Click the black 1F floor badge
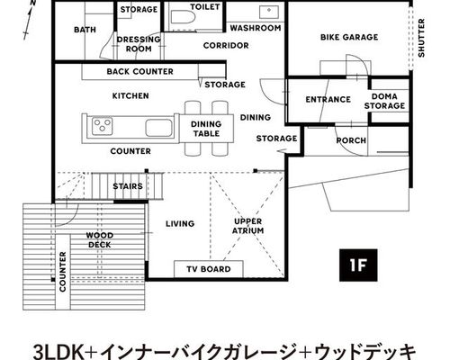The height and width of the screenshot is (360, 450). tap(358, 265)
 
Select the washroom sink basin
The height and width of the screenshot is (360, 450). tap(269, 13)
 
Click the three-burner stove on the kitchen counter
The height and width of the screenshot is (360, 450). tap(103, 126)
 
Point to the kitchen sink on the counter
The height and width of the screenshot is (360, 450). tap(158, 128)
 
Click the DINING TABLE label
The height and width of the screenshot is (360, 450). tap(206, 129)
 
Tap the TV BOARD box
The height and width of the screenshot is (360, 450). tap(209, 269)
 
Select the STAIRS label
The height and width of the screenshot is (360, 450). tap(128, 186)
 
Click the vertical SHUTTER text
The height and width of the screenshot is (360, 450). tap(421, 38)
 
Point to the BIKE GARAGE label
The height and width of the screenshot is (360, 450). tap(349, 37)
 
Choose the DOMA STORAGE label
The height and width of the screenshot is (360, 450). tap(384, 101)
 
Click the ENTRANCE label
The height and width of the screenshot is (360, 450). tap(328, 99)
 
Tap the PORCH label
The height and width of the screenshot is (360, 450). tap(351, 140)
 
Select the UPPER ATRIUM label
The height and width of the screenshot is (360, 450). tap(247, 226)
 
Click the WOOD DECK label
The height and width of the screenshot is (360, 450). tap(100, 240)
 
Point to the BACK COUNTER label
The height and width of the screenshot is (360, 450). tap(139, 71)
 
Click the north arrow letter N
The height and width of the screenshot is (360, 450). tap(33, 3)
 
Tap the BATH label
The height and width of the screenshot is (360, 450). tap(85, 30)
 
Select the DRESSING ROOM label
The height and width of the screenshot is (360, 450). tap(139, 44)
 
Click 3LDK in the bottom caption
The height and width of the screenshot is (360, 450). tap(58, 351)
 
